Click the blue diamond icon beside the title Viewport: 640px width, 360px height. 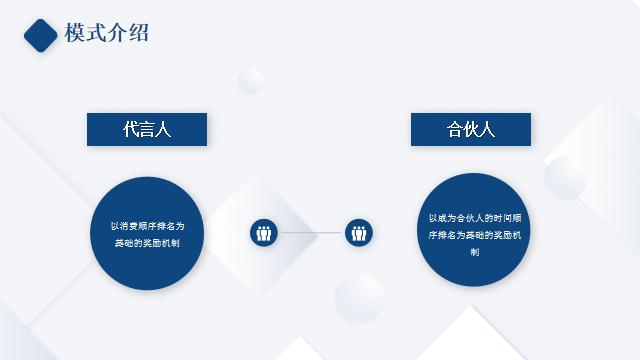[41, 34]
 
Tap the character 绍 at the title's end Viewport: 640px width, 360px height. [139, 33]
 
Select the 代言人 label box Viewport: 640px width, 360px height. [147, 129]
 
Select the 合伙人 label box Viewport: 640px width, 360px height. [471, 129]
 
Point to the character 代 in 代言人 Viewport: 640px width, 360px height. [131, 129]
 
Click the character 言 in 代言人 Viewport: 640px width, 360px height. [147, 129]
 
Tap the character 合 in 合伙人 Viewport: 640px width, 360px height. [455, 129]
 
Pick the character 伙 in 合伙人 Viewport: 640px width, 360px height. [471, 129]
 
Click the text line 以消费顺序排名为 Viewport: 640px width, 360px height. [147, 225]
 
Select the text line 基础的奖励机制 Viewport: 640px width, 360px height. [147, 243]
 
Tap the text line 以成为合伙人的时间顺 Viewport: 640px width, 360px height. [474, 217]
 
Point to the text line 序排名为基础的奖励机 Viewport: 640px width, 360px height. [474, 234]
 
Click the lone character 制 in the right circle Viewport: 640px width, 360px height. [474, 251]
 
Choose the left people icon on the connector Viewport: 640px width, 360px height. [264, 233]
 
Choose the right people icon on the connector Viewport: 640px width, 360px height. [359, 233]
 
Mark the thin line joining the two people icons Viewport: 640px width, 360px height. [311, 233]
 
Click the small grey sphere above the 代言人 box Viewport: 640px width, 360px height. [251, 81]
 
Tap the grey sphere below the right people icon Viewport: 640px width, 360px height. [358, 298]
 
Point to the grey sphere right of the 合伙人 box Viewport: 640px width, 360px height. [565, 178]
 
